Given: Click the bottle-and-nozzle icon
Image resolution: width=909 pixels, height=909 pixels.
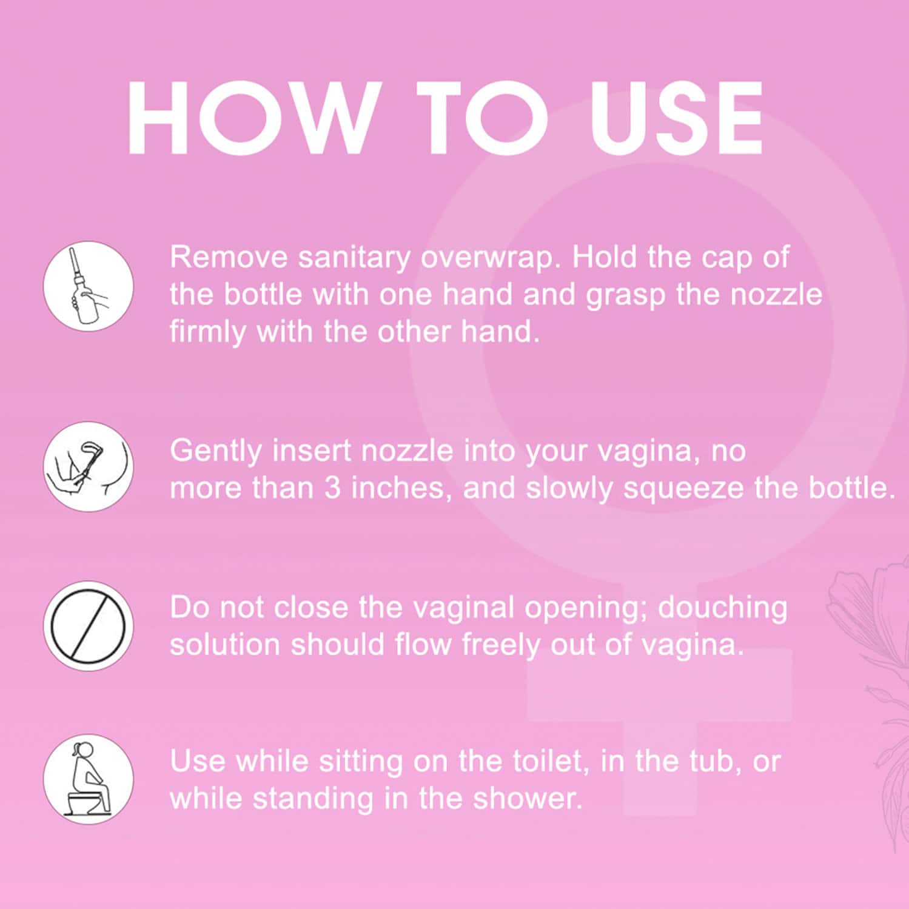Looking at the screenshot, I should pos(89,286).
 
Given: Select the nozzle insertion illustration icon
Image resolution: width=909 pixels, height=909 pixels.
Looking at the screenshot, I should pos(89,467).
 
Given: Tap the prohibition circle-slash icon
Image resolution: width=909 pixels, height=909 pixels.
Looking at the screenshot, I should pos(89,625).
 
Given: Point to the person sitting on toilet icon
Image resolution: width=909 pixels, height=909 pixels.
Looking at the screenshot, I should pos(89,779).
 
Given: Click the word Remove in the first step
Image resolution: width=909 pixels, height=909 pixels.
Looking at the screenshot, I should pos(229,257).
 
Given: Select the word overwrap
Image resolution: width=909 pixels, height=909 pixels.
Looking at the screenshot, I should pos(488,258).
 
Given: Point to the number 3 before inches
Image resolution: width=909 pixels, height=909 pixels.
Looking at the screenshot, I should pos(332,488).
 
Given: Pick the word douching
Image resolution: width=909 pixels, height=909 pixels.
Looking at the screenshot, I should pos(722,608).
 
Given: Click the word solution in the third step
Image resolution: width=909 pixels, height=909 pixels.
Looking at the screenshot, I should pos(225,645).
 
